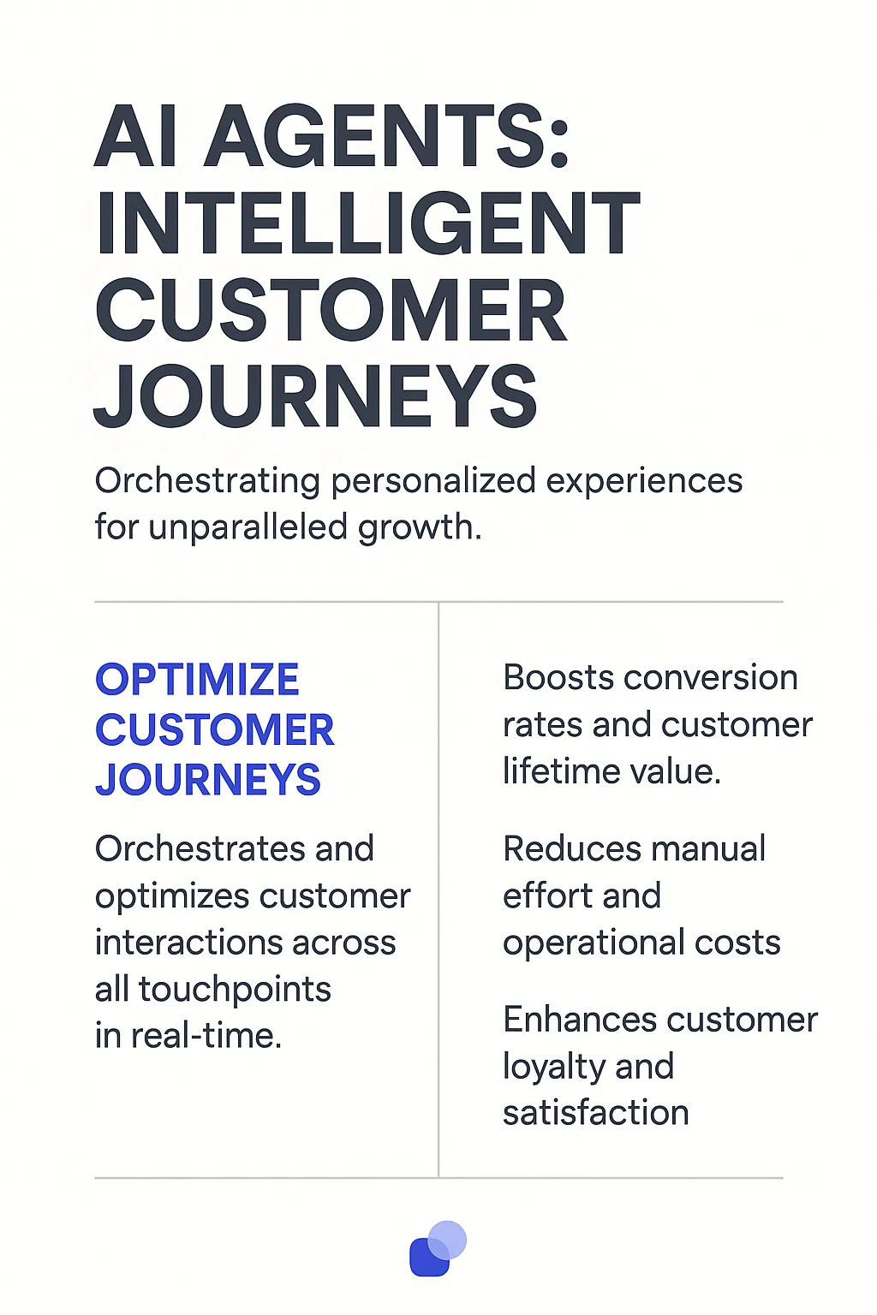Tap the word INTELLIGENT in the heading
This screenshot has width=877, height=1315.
point(367,224)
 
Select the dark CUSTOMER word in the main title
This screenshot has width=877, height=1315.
point(331,311)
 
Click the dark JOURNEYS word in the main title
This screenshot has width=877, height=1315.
point(316,397)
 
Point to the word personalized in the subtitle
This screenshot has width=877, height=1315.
point(433,482)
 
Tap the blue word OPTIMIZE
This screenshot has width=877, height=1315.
point(197,680)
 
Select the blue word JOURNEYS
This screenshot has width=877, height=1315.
point(207,780)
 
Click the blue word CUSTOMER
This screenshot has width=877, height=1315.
point(214,730)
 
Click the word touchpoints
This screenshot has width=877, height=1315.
point(234,990)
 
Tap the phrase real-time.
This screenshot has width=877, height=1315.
point(205,1036)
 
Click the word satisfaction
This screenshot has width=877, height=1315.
point(595,1113)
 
